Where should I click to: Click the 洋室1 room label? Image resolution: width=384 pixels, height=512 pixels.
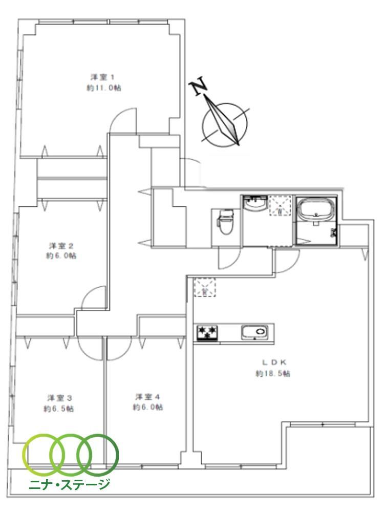(x=102, y=77)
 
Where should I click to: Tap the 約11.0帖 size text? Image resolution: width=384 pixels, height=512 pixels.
(x=104, y=88)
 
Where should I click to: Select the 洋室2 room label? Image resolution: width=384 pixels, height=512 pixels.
(x=61, y=245)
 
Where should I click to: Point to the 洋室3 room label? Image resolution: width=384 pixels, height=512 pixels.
(x=59, y=398)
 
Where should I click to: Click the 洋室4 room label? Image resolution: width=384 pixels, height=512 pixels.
(x=147, y=397)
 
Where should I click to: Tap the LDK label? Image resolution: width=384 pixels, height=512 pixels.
(x=274, y=362)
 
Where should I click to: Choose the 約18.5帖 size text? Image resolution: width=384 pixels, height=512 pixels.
(x=273, y=373)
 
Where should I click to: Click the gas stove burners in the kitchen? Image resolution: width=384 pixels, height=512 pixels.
(x=207, y=333)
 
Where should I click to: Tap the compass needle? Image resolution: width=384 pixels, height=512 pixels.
(x=222, y=120)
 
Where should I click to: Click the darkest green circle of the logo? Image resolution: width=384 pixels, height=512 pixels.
(x=98, y=454)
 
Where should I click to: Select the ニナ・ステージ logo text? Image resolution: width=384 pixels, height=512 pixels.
(x=70, y=484)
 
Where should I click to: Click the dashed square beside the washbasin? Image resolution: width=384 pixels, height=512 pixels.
(x=280, y=206)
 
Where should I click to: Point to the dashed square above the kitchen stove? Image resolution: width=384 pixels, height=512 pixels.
(x=205, y=287)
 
